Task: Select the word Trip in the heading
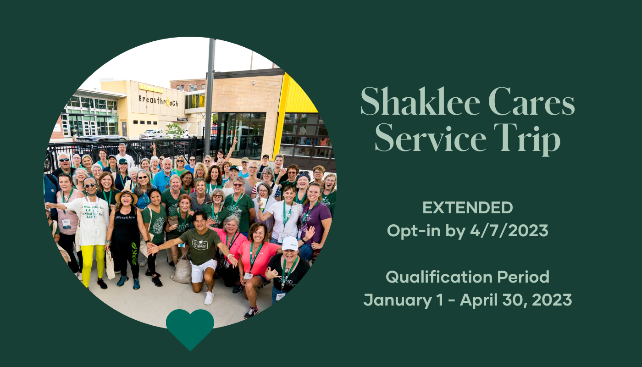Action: tap(527, 139)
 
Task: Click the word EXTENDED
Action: tap(467, 207)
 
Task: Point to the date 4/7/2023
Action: tap(509, 230)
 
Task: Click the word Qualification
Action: tap(438, 277)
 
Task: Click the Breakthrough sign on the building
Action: tap(158, 101)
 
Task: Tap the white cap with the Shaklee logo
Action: tap(290, 244)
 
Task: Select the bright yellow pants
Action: tap(92, 264)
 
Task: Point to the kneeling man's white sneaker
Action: tap(209, 298)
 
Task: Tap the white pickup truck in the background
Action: tap(151, 133)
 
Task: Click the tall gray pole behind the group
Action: tap(210, 97)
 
